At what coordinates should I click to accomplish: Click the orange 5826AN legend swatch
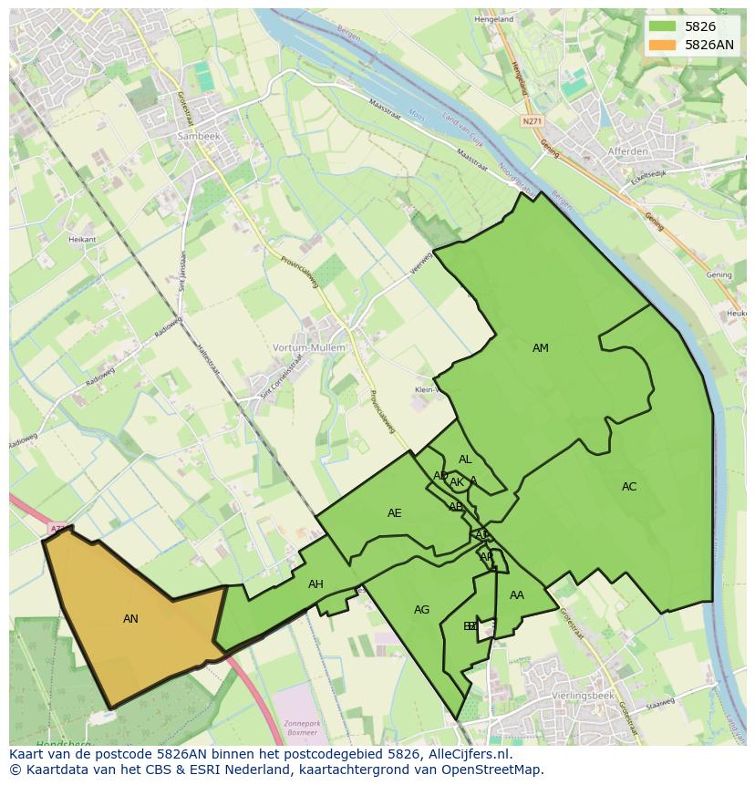[663, 45]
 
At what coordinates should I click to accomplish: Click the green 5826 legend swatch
[663, 26]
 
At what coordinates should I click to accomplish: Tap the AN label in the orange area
[130, 619]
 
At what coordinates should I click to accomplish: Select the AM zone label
[541, 348]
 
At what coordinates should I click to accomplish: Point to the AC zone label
[629, 487]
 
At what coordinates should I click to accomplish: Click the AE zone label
[394, 513]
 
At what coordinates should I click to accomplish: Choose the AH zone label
[315, 584]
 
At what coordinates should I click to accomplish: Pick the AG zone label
[421, 610]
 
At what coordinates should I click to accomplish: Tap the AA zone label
[517, 595]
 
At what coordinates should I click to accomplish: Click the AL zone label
[465, 460]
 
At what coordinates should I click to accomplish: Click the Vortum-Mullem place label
[309, 347]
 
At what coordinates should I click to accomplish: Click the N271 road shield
[532, 120]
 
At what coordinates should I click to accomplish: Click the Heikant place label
[82, 239]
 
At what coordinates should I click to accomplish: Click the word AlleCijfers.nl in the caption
[468, 754]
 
